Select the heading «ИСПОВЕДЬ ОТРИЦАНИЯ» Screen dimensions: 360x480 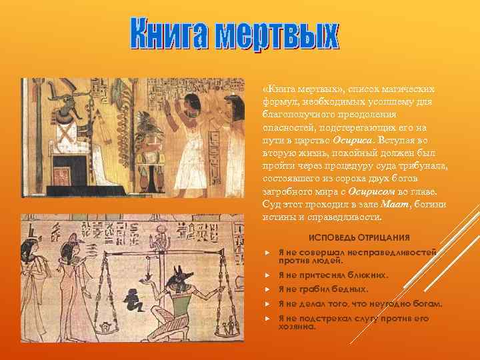[x=359, y=238]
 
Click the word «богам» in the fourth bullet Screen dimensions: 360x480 [x=426, y=304]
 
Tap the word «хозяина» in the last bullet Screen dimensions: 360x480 [x=297, y=327]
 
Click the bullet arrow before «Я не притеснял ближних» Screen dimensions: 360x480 [x=266, y=275]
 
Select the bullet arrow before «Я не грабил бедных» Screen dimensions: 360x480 [x=266, y=289]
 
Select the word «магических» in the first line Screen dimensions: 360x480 [x=407, y=89]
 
